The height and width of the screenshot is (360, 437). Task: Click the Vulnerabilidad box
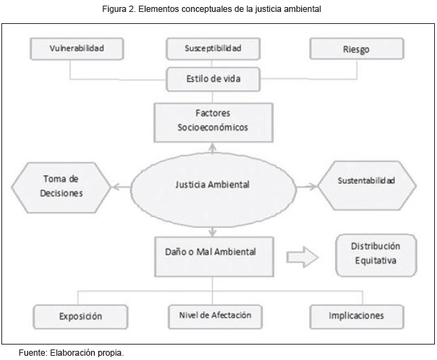pyautogui.click(x=77, y=49)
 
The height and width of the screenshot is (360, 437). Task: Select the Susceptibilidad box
pyautogui.click(x=212, y=49)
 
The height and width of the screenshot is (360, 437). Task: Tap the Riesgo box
pyautogui.click(x=357, y=49)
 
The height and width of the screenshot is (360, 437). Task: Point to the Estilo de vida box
pyautogui.click(x=212, y=79)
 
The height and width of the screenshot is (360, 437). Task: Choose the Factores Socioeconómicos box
pyautogui.click(x=212, y=121)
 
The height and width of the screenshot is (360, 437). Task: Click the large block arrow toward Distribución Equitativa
pyautogui.click(x=303, y=257)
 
